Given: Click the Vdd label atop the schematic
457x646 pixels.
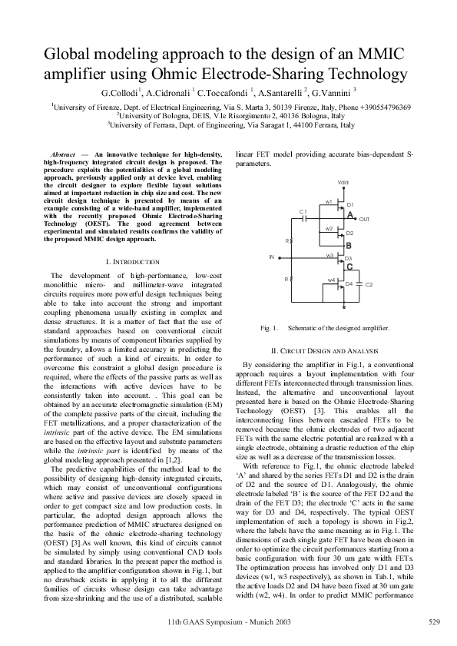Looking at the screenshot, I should [343, 181].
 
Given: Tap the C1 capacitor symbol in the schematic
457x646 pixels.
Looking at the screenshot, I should [305, 217].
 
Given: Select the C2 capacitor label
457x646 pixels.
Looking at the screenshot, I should [369, 284].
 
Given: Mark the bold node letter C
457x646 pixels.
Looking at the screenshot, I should [349, 267].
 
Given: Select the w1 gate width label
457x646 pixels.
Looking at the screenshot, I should [328, 201].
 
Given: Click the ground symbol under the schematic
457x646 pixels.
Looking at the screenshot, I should [343, 313].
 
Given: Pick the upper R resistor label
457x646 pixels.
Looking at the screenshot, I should [286, 240].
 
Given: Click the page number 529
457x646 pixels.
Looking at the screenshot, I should [433, 620].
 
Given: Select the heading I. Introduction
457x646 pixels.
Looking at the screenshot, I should [135, 262].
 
